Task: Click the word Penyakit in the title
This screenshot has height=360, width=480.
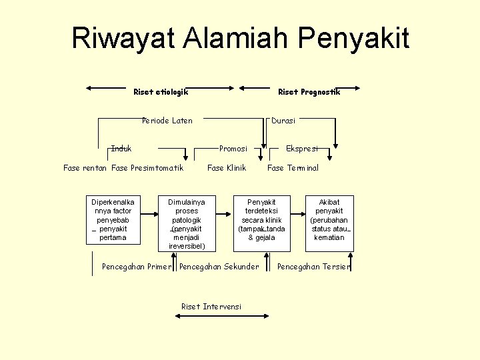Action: tap(354, 38)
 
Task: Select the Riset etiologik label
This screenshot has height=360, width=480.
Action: tap(161, 92)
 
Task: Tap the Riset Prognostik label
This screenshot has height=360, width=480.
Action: tap(309, 92)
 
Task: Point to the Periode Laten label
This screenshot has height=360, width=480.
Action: tap(167, 121)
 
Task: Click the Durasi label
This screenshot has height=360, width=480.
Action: tap(283, 121)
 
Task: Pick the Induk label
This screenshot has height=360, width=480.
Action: tap(121, 148)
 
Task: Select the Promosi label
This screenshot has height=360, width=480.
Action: tap(233, 149)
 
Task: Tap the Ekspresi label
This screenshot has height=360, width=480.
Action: tap(302, 149)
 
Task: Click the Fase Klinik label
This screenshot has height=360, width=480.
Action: tap(227, 168)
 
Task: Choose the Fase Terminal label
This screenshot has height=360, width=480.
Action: tap(293, 168)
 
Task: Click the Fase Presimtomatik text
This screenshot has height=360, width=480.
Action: tap(147, 168)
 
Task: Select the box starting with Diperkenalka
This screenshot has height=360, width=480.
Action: tap(113, 220)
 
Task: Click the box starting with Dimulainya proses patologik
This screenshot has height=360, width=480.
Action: tap(187, 223)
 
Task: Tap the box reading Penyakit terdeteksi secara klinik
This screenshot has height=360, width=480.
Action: tap(261, 220)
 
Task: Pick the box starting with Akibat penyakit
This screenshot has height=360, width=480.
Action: tap(329, 220)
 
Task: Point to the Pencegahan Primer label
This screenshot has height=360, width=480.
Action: tap(137, 267)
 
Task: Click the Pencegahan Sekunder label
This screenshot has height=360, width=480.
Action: tap(219, 267)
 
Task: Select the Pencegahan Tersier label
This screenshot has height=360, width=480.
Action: tap(313, 267)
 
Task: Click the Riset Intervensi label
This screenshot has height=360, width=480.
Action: tap(211, 307)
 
